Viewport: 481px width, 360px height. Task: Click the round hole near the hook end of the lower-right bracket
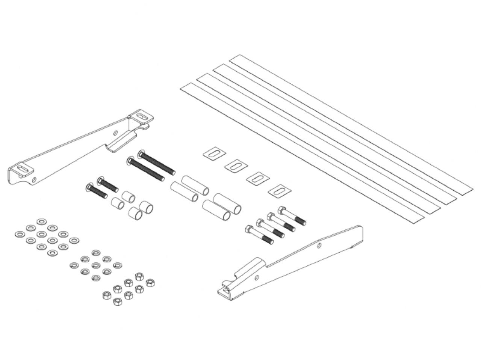click(257, 277)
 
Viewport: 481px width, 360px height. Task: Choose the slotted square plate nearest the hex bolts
click(280, 191)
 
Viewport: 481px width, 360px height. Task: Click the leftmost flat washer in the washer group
click(18, 234)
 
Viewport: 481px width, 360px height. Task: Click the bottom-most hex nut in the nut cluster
click(118, 301)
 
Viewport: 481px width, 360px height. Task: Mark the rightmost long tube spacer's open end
click(237, 209)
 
